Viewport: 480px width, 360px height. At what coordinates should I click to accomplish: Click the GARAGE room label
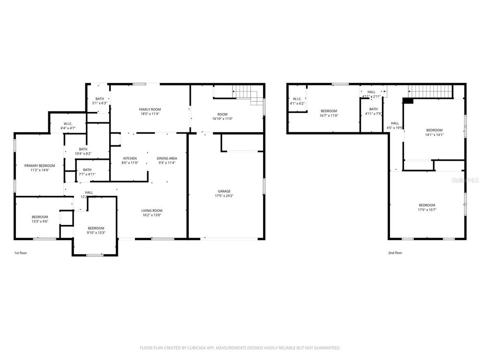coord(224,191)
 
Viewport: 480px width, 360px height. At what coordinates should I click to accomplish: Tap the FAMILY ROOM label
coord(150,109)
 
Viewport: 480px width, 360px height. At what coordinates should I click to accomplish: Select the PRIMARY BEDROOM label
coord(40,165)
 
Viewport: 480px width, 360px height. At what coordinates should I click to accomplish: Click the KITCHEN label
coord(130,158)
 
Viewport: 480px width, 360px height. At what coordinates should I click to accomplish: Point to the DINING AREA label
coord(166,158)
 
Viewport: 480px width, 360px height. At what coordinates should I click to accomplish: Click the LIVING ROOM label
coord(152,210)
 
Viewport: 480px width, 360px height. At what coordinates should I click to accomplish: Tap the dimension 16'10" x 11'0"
coord(222,119)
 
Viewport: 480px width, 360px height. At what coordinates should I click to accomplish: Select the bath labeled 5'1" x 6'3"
coord(99,103)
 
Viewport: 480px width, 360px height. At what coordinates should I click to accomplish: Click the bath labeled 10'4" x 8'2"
coord(83,153)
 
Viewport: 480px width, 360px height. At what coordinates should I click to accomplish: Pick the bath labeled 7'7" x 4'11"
coord(87,174)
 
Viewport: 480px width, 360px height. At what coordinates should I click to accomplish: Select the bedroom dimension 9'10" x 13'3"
coord(96,232)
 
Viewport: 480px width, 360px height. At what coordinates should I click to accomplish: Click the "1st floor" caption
coord(21,253)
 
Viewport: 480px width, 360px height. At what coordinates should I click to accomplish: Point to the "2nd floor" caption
coord(395,253)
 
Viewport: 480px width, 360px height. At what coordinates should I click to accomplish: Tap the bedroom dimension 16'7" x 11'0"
coord(329,115)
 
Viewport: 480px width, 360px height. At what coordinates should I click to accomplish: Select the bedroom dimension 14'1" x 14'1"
coord(434,135)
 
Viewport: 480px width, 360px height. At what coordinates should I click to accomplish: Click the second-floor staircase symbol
coord(430,90)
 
